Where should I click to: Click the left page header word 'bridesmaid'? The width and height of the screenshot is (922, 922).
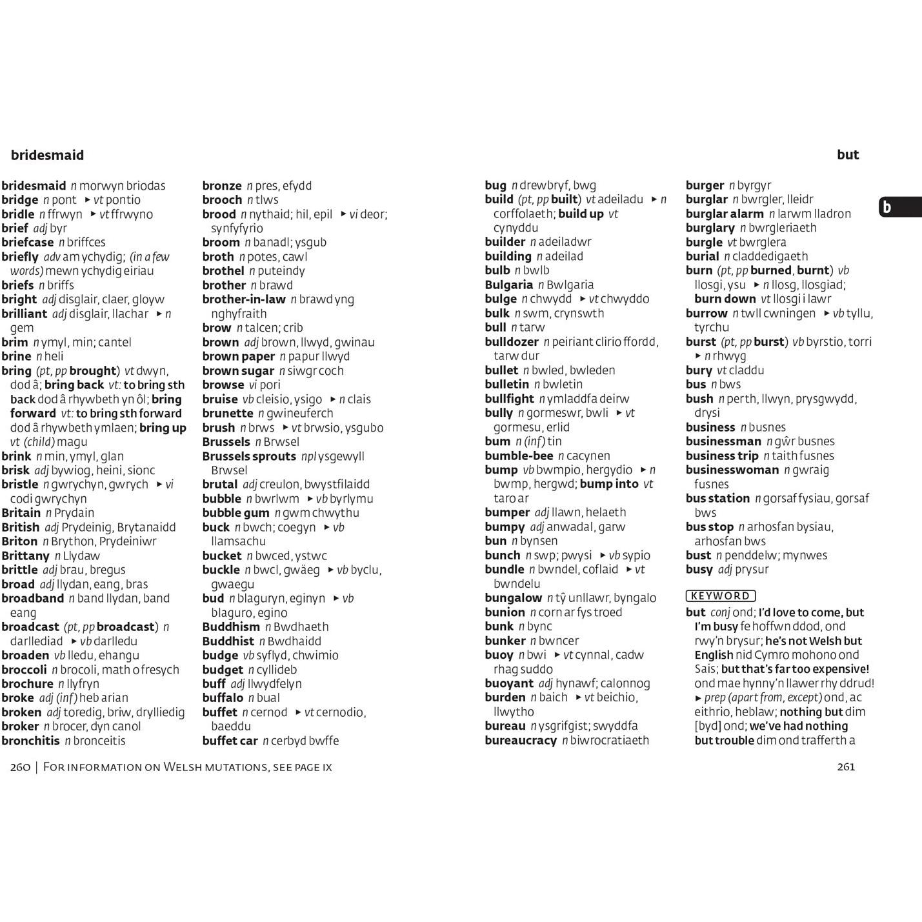click(47, 155)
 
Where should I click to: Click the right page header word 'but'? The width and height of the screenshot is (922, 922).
click(848, 154)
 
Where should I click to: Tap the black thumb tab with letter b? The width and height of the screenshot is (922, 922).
click(900, 207)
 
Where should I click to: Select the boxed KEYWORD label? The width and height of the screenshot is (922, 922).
click(720, 596)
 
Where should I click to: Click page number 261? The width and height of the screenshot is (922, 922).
click(845, 767)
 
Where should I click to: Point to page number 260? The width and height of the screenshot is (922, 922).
click(21, 767)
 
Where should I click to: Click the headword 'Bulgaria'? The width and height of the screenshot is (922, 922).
click(508, 285)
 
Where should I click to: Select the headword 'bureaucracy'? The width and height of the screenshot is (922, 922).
click(521, 740)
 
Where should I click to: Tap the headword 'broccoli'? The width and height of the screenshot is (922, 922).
click(24, 669)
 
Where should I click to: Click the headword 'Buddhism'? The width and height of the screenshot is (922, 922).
click(231, 626)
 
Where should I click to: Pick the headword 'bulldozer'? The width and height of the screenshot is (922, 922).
click(512, 341)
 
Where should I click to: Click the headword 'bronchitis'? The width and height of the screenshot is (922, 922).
click(30, 740)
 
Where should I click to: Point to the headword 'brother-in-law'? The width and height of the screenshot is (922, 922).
click(244, 299)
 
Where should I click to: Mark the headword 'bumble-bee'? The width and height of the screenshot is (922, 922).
click(519, 456)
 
